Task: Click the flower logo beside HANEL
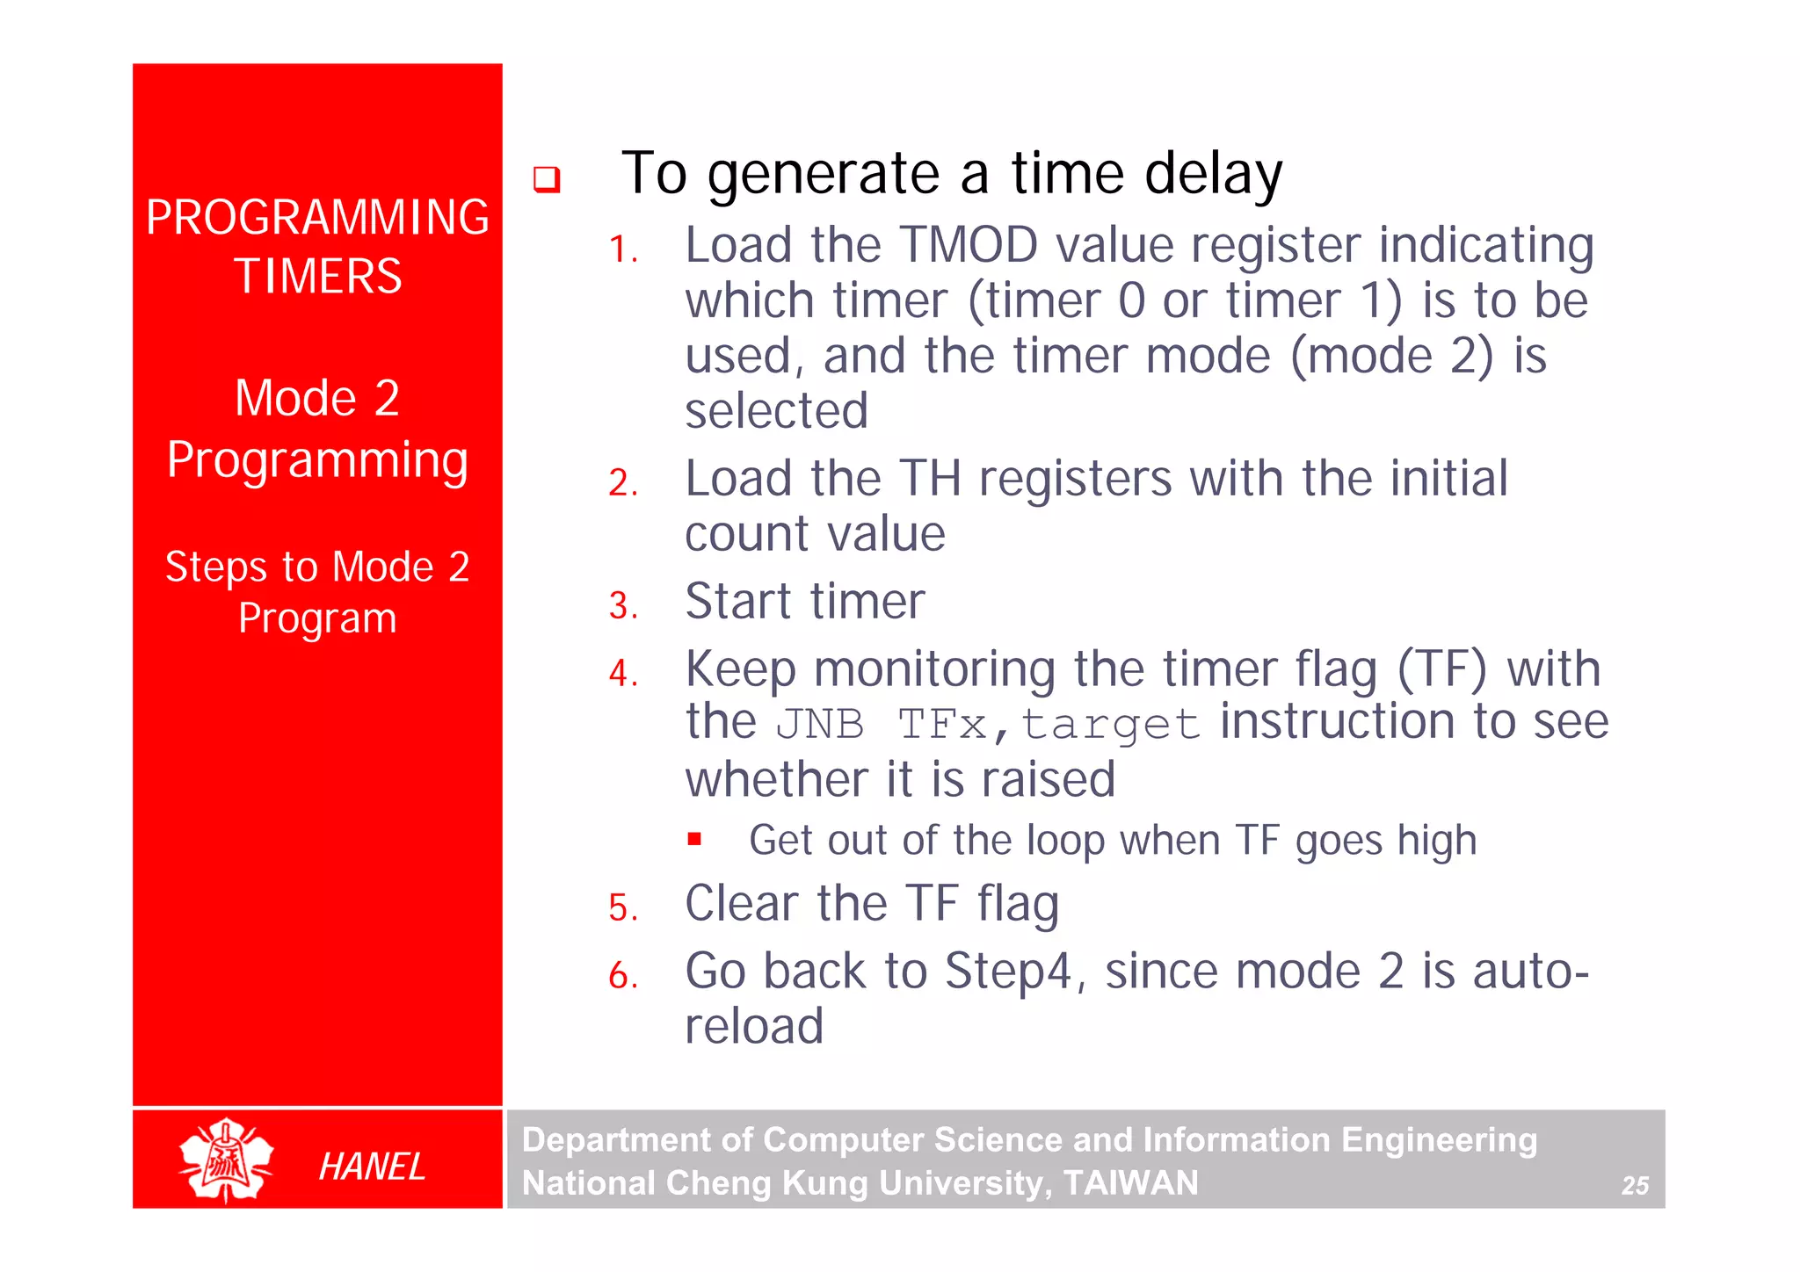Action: (226, 1160)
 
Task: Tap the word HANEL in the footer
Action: (372, 1167)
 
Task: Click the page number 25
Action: (1634, 1186)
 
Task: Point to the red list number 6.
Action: (622, 976)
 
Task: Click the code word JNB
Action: (819, 726)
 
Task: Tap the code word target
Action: (1110, 726)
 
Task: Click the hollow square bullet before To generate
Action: (547, 179)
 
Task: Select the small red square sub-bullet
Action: (694, 839)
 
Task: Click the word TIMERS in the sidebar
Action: (317, 277)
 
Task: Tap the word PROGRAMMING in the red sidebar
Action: (317, 217)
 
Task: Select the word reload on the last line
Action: (754, 1026)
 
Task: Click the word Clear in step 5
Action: (742, 904)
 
